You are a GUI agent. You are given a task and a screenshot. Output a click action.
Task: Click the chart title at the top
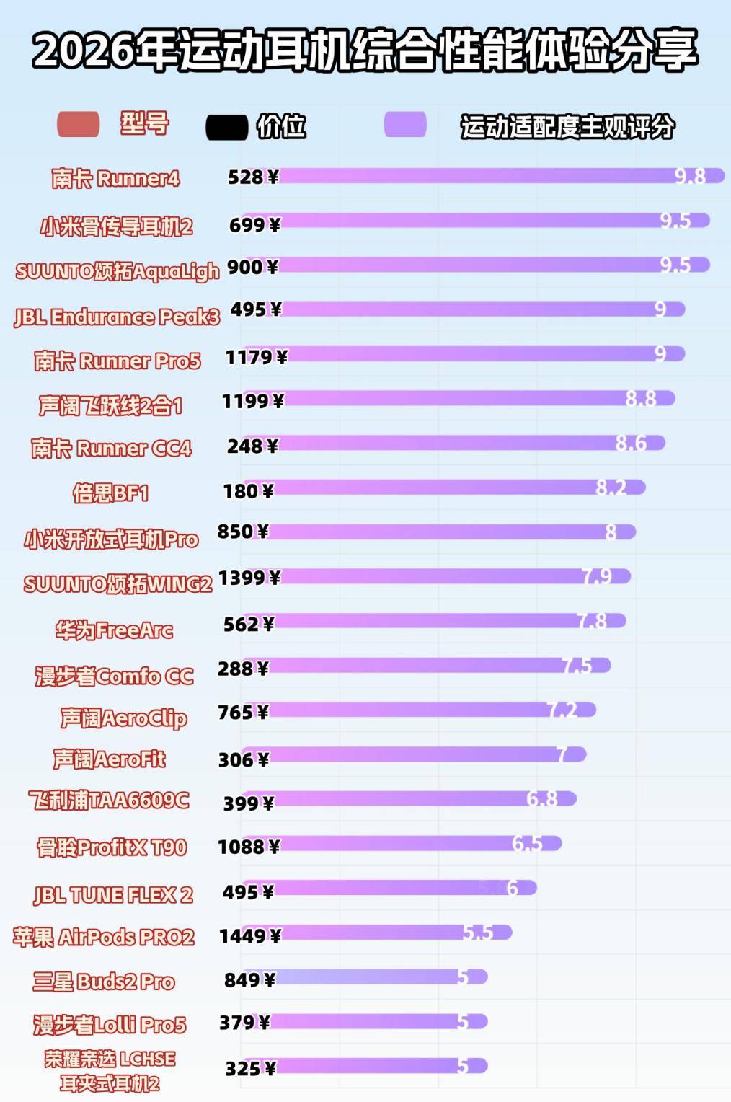pos(365,50)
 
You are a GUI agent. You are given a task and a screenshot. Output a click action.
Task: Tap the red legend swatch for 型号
pos(78,124)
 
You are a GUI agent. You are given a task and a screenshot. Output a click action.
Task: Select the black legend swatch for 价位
pos(226,127)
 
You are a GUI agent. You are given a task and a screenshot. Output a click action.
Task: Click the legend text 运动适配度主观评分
pos(567,127)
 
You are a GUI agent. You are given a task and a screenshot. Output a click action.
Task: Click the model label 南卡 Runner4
pos(115,178)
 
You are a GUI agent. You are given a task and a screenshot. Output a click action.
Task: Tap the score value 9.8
pos(690,176)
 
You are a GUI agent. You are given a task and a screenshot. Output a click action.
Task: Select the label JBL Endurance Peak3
pos(117,317)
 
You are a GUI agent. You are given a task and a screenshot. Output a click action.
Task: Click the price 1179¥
pos(256,357)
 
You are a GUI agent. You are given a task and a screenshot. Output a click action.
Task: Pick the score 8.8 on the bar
pos(641,398)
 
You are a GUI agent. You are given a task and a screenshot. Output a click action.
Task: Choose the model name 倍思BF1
pos(110,493)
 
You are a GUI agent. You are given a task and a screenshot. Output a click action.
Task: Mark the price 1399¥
pos(249,578)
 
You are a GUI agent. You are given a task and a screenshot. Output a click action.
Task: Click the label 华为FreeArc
pos(114,630)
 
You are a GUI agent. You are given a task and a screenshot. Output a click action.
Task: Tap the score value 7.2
pos(562,710)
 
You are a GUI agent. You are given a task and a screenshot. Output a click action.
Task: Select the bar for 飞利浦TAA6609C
pos(407,798)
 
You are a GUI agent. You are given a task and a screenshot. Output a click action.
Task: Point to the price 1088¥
pos(249,847)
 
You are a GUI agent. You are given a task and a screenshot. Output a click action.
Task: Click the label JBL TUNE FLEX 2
pos(113,895)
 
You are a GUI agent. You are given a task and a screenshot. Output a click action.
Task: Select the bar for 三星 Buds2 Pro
pos(364,977)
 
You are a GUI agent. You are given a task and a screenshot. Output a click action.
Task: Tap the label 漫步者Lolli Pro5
pos(110,1025)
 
